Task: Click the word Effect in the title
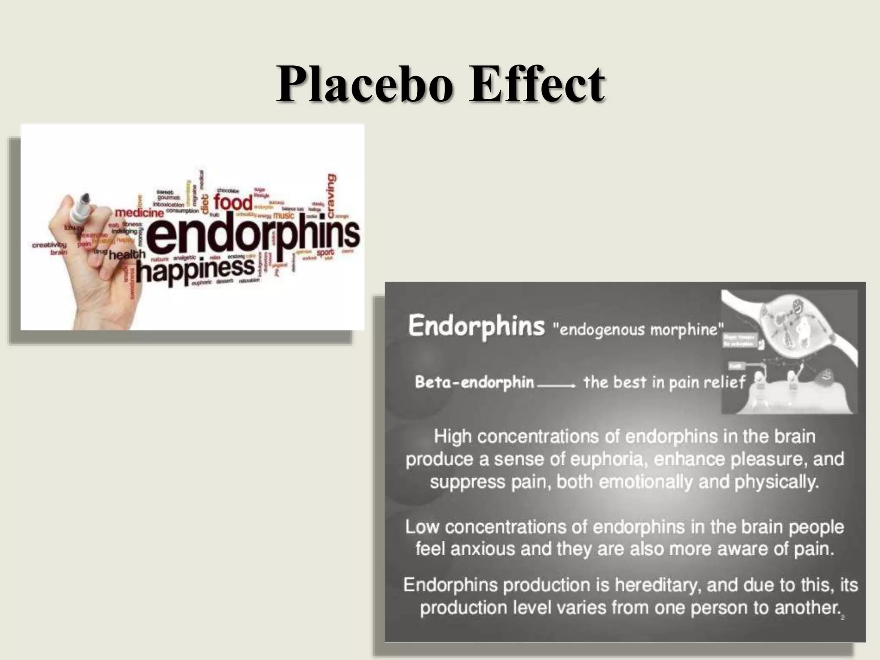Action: click(x=537, y=84)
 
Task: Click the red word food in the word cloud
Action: click(x=233, y=202)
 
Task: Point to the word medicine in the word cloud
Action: click(x=139, y=213)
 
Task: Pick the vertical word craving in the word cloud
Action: click(x=331, y=196)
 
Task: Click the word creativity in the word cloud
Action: click(x=49, y=245)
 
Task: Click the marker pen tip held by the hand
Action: click(x=85, y=198)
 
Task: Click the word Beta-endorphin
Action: click(x=474, y=382)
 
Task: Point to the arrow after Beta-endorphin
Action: click(x=556, y=385)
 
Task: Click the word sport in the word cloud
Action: click(x=325, y=253)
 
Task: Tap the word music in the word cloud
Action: click(x=284, y=215)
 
